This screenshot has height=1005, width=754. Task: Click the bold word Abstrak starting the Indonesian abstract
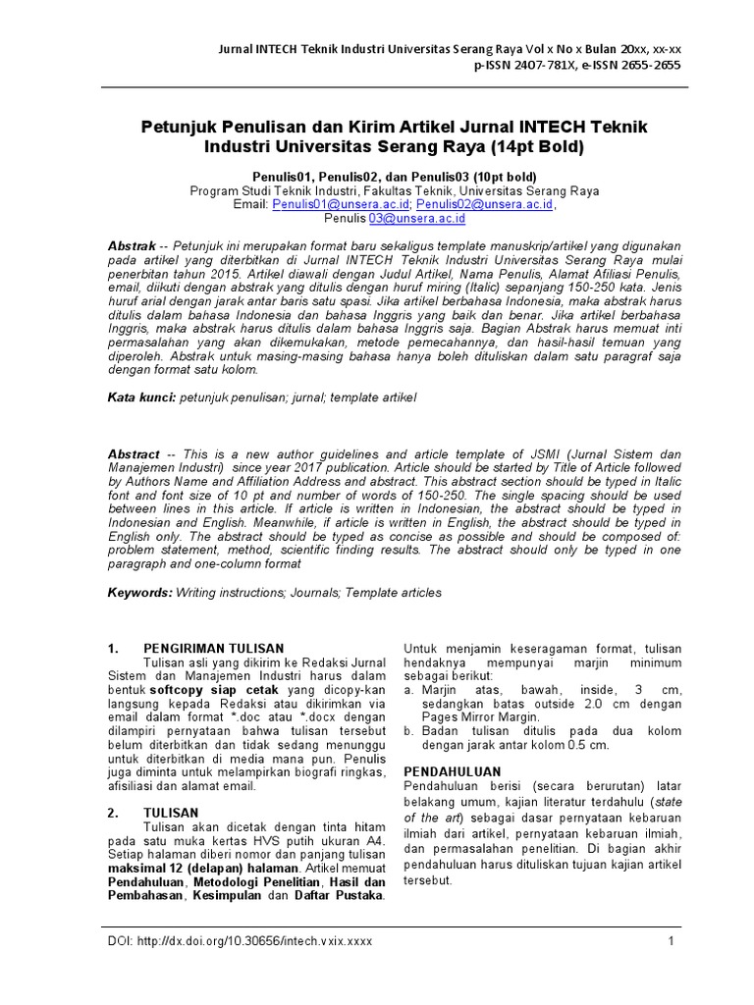(132, 243)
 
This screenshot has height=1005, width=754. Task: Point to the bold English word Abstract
(134, 455)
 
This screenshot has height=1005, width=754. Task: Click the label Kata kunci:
(141, 397)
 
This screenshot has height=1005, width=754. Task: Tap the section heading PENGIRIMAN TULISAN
(213, 649)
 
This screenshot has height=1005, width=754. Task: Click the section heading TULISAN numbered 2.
(171, 813)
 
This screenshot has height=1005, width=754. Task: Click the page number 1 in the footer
(672, 941)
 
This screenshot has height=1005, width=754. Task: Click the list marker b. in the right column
(407, 731)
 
